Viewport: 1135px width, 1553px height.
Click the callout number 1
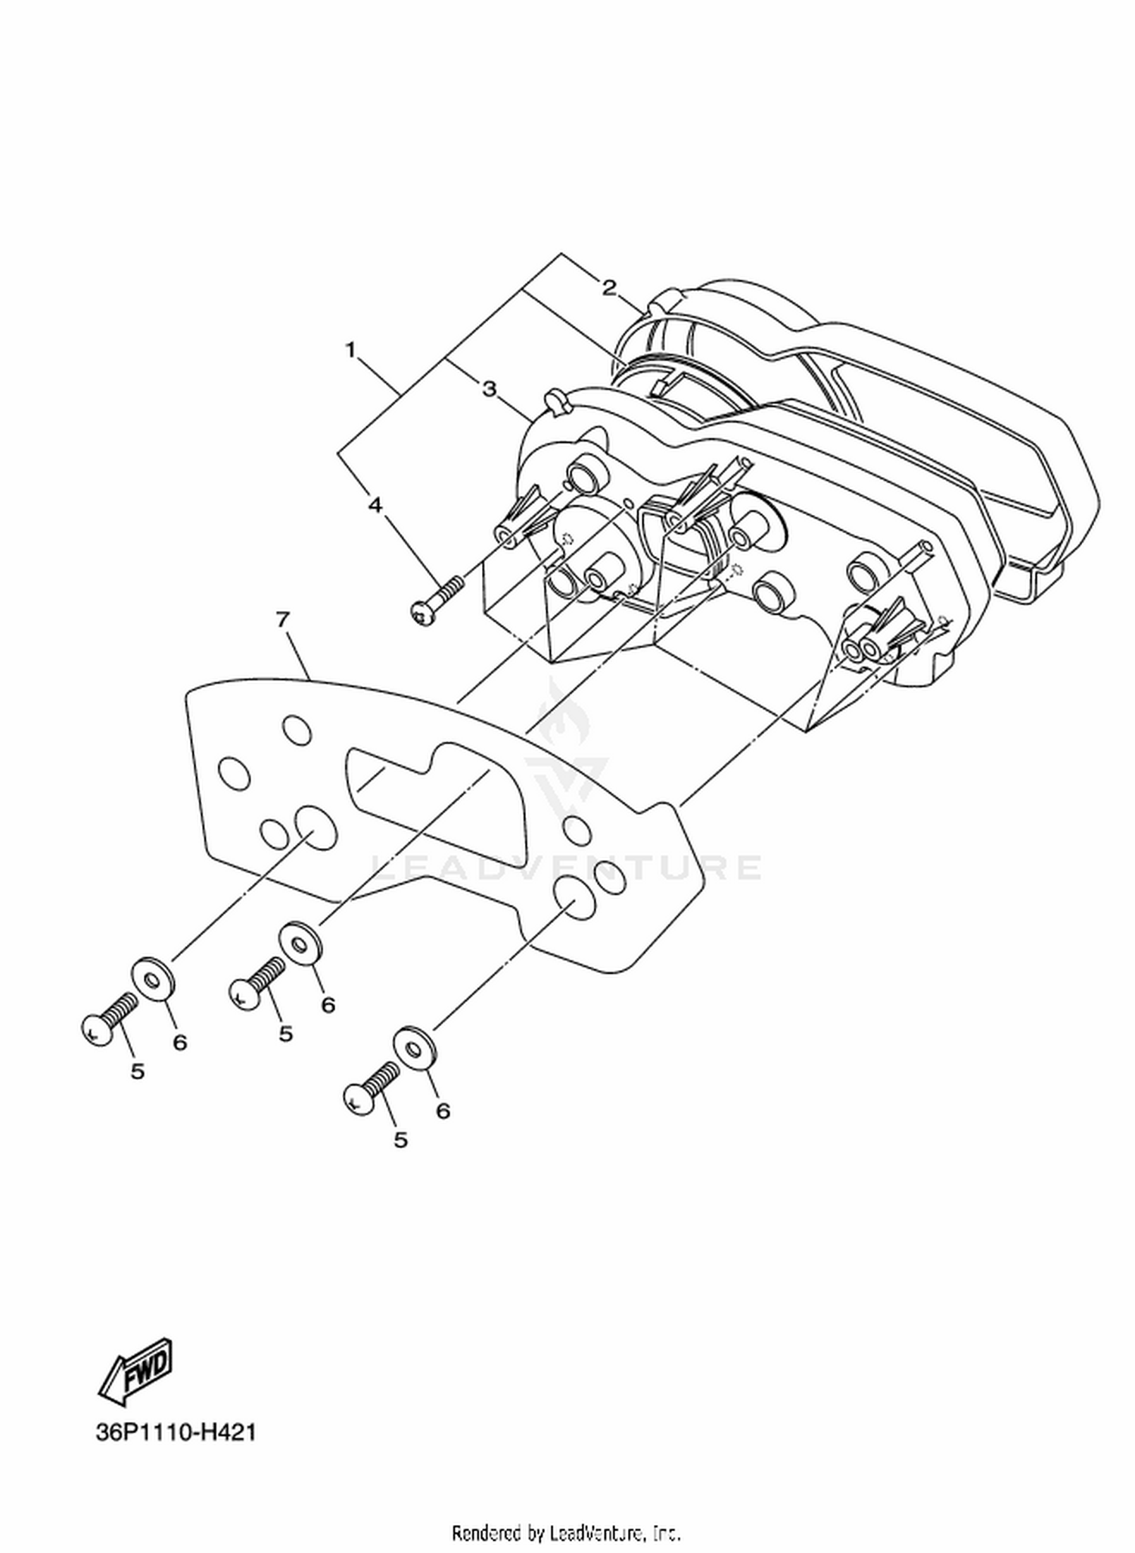350,350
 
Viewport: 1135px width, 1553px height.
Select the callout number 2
609,287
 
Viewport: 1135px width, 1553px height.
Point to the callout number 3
490,388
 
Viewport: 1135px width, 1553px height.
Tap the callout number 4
375,504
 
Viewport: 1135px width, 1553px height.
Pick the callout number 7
282,619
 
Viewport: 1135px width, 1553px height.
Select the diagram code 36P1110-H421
176,1433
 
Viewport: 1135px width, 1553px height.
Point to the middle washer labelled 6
303,943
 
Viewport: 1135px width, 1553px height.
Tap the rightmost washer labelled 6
414,1049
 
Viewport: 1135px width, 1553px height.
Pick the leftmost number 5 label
137,1071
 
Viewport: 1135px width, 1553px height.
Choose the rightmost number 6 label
443,1110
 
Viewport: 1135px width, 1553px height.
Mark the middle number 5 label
285,1034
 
